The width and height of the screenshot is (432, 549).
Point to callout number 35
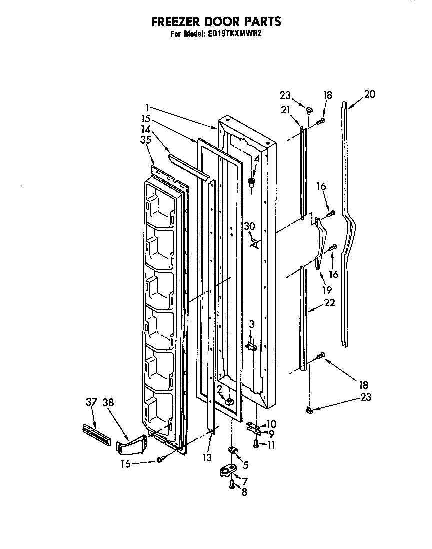pos(146,140)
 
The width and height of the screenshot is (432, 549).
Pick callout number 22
pos(329,302)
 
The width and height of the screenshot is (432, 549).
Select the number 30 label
pos(249,226)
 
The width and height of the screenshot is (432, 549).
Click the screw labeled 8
pos(232,485)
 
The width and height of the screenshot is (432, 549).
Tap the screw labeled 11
pos(256,443)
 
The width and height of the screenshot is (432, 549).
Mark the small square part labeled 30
pos(255,243)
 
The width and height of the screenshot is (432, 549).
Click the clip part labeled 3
pos(251,345)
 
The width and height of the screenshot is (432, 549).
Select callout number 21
pos(285,110)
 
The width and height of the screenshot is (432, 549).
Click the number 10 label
pos(271,424)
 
